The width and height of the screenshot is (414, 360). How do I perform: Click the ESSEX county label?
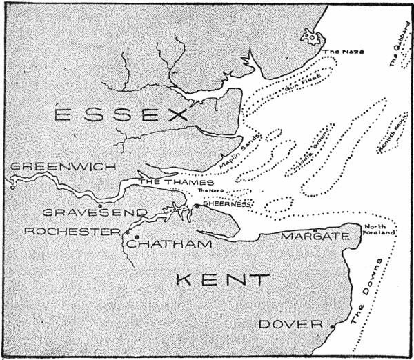coord(121,115)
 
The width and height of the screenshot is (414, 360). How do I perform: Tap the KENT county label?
coord(221,280)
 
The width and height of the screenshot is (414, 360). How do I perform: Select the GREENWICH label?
coord(46,167)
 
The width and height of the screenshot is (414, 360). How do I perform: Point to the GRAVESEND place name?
coord(104,212)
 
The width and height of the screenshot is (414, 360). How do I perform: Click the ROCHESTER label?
coord(72,232)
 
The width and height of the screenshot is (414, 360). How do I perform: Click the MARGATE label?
coord(310,237)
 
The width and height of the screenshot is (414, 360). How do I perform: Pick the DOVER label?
coord(290,324)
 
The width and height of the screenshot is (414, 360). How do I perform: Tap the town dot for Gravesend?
coord(100,205)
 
